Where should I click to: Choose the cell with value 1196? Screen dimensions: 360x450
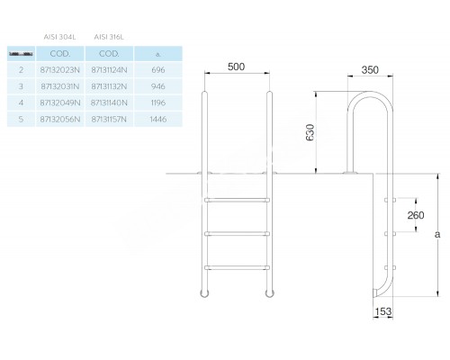[158, 104]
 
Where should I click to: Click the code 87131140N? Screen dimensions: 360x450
[109, 104]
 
